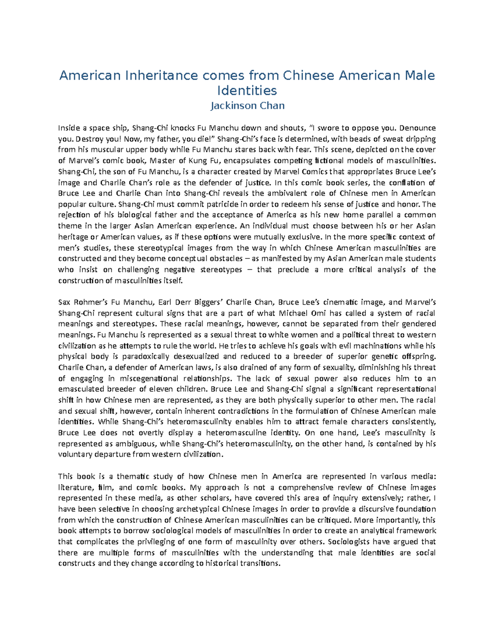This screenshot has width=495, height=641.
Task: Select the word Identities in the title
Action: click(247, 90)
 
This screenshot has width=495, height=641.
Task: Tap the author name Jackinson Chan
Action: click(247, 106)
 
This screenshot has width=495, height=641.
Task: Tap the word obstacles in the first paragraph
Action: click(224, 259)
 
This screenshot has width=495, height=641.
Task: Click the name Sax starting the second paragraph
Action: click(65, 302)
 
